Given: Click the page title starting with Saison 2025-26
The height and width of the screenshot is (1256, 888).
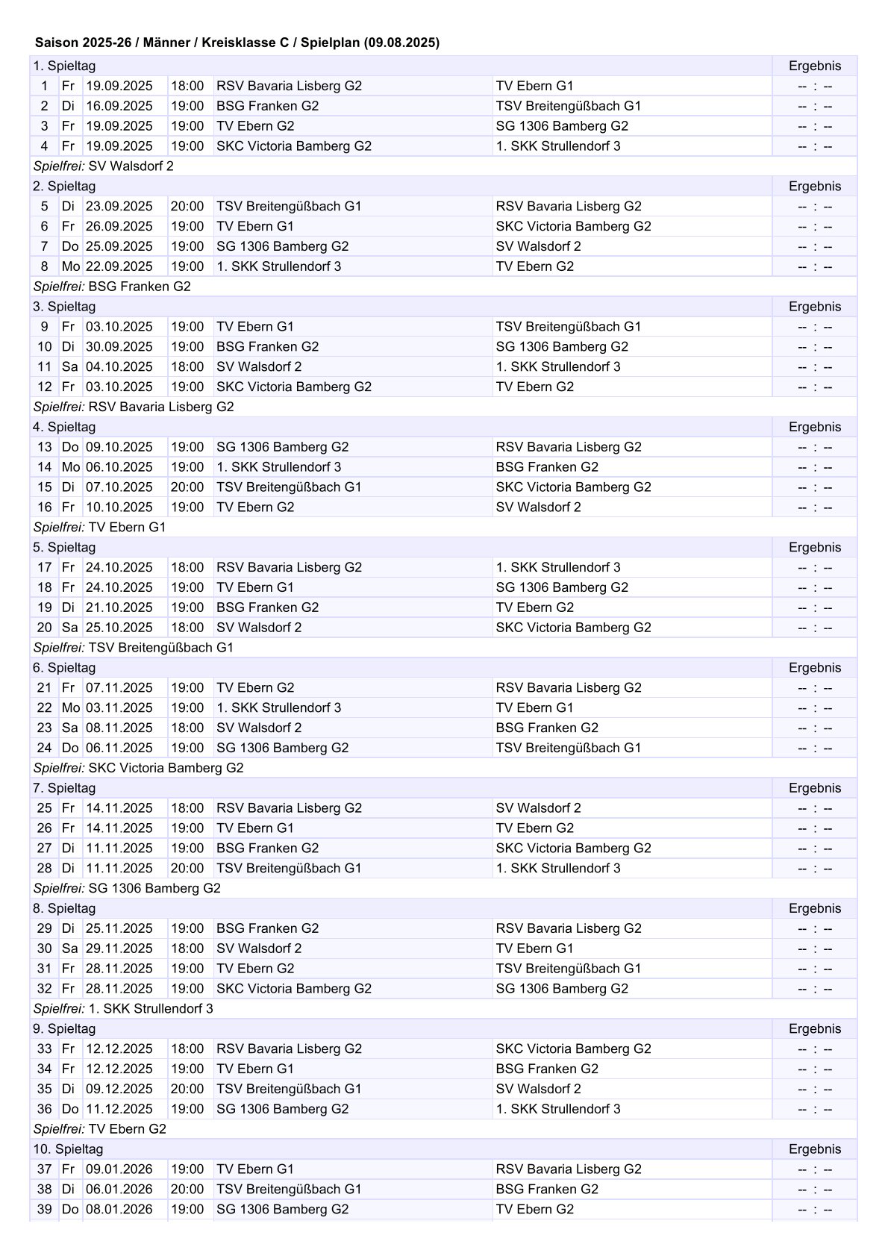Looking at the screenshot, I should coord(237,43).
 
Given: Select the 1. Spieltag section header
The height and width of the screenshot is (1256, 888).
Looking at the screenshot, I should coord(64,66).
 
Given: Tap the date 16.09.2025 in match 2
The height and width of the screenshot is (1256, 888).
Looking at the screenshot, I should coord(119,106).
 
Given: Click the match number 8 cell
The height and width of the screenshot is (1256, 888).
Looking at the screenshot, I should coord(45,266).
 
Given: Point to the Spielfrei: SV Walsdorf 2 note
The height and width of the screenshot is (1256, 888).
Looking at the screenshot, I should coord(104,166).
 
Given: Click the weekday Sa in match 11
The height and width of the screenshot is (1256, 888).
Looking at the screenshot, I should coord(69,366).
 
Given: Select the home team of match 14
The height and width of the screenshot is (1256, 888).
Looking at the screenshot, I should coord(278,467).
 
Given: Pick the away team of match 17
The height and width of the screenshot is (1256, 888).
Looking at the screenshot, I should coord(557,567).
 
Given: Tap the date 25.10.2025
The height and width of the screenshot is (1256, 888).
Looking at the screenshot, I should coord(119,628).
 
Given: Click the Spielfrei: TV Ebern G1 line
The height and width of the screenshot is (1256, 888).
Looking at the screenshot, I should coord(100,527).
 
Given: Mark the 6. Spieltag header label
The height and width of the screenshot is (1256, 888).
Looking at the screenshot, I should coord(64,668).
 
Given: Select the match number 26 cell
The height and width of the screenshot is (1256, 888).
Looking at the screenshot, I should coord(45,828).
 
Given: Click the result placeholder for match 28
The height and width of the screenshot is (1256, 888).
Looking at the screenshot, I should coord(814,869).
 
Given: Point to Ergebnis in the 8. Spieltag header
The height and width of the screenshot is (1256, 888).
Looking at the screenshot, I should coord(814,908).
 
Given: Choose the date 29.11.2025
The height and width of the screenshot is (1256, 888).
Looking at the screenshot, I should coord(119,949).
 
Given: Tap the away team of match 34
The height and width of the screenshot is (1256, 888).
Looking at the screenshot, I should coord(547,1069).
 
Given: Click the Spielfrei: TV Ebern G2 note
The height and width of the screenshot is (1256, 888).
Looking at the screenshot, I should coord(100,1128).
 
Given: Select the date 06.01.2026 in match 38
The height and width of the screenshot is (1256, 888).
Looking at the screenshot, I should coord(119,1189).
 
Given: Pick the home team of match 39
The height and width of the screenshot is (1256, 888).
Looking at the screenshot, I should coord(282,1209).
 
